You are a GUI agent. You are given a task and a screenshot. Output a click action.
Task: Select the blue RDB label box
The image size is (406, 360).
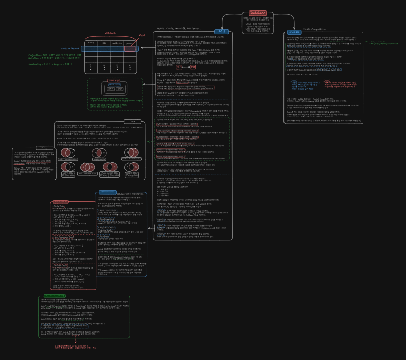pos(221,32)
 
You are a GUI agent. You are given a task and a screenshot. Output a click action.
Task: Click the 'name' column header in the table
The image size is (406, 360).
pos(91,43)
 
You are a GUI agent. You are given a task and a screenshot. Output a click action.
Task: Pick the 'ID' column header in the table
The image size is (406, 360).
pos(104,43)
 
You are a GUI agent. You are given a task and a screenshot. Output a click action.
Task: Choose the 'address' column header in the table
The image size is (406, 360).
pos(116,43)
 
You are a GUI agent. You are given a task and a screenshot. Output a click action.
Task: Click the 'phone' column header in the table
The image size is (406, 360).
pos(129,43)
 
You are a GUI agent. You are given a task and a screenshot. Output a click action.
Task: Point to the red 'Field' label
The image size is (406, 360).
pos(141,35)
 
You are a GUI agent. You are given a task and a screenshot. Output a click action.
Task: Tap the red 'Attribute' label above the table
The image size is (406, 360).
pos(111,33)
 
